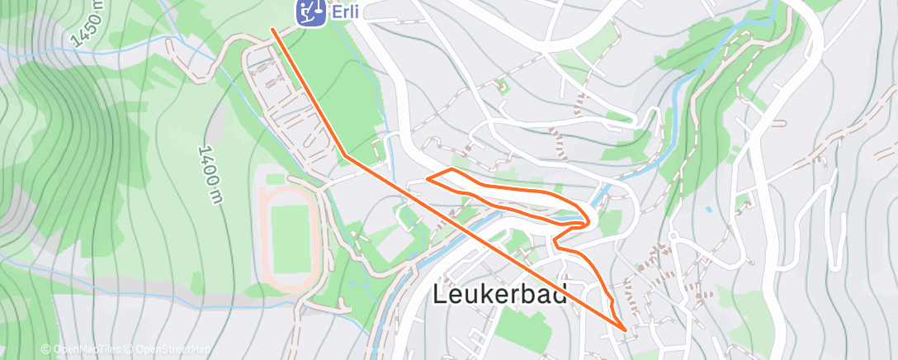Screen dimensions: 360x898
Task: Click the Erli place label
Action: click(346, 12)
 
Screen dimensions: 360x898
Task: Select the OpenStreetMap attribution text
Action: click(174, 349)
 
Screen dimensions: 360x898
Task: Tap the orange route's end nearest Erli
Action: click(272, 30)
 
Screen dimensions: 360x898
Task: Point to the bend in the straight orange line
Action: click(345, 154)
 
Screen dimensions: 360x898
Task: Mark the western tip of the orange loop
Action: click(427, 178)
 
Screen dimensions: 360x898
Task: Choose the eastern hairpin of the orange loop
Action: click(588, 220)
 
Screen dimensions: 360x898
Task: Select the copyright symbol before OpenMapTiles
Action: click(45, 349)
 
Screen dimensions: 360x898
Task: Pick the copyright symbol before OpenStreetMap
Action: click(130, 349)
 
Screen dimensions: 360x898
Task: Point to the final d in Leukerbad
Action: click(560, 295)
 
